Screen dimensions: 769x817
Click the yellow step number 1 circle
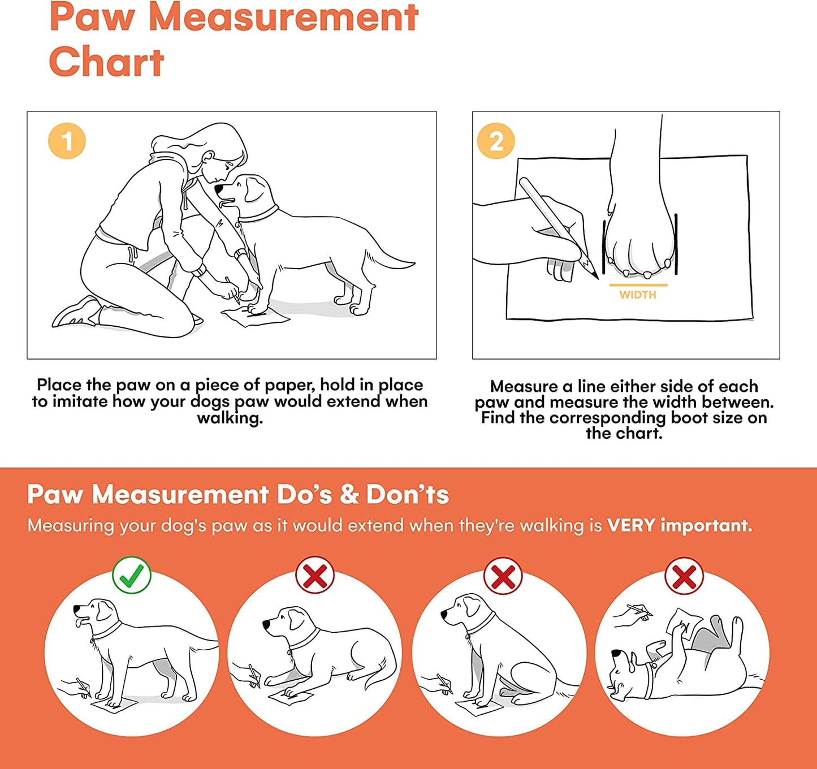pos(67,141)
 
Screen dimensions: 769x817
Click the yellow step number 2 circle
pos(496,141)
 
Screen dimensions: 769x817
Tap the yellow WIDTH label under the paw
pos(638,295)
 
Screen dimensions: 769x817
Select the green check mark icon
pos(132,576)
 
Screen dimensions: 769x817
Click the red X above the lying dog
pos(315,576)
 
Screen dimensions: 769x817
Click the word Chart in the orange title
pos(106,62)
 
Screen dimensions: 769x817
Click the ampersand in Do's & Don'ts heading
pos(349,495)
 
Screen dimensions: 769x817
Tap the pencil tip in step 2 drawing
pos(596,277)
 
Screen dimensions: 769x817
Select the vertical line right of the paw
pos(676,243)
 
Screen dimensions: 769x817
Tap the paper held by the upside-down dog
pos(682,620)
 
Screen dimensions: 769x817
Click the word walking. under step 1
pos(230,418)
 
